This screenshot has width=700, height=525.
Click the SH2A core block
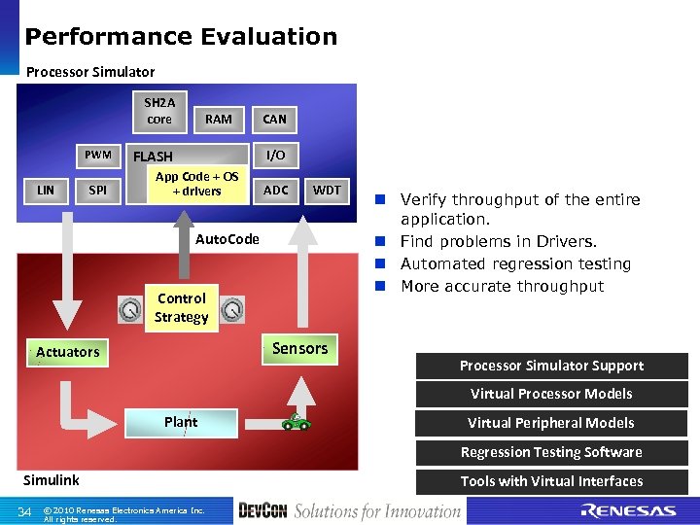pos(158,111)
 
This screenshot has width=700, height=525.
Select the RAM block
pos(219,119)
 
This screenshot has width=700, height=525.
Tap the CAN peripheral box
pos(275,119)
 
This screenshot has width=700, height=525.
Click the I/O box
pos(275,156)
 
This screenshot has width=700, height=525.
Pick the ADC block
pos(276,191)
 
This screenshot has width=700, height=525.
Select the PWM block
pos(98,155)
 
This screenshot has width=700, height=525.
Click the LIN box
pos(46,191)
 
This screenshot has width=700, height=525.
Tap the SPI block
pos(98,191)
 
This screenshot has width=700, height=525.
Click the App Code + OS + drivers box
pos(196,185)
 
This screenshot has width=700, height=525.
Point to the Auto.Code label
pos(227,239)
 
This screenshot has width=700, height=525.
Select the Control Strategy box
pos(182,308)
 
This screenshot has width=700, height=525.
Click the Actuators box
pos(68,352)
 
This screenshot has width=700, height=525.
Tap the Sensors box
pos(299,348)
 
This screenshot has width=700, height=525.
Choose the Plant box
pos(181,422)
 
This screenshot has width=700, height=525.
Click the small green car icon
pos(295,422)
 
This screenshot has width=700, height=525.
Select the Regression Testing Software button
pos(551,452)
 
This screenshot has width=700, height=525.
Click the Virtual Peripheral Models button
pos(551,423)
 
